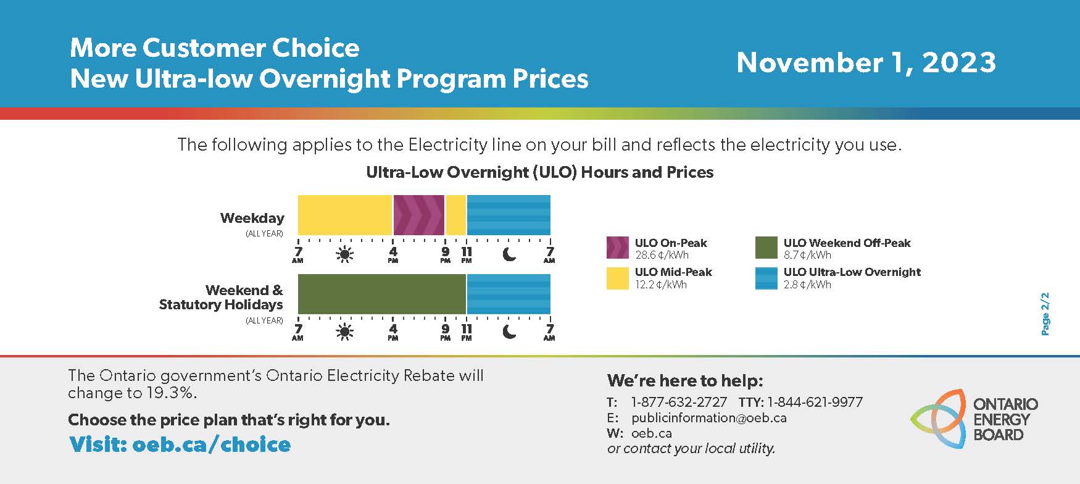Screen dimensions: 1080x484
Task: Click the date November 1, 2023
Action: click(866, 62)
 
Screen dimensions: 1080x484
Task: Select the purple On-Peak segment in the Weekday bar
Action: click(419, 215)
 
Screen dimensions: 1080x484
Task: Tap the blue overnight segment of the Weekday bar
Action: click(509, 215)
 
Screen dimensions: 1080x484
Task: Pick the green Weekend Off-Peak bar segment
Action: click(382, 294)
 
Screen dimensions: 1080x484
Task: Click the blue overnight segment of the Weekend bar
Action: click(509, 294)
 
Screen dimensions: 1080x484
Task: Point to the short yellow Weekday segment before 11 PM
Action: click(455, 215)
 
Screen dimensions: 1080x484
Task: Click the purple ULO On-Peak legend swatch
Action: click(618, 248)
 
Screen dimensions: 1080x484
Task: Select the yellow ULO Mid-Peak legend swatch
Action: click(618, 278)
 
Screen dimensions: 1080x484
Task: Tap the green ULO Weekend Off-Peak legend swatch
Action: click(766, 248)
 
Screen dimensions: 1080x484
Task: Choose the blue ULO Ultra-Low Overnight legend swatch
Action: click(766, 278)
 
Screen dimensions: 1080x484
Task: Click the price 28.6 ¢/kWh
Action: click(662, 255)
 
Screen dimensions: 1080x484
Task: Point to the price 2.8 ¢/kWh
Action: click(807, 285)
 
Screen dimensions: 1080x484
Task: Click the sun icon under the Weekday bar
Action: click(344, 254)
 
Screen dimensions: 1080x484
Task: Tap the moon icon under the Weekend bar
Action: click(509, 332)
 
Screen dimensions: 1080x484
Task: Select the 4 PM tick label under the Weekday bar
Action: click(393, 255)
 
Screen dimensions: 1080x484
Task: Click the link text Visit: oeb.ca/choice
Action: click(180, 444)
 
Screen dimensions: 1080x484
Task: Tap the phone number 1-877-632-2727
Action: click(679, 403)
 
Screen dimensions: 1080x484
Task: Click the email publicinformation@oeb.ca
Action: click(709, 418)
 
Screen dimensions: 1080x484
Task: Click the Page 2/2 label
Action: click(1045, 314)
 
